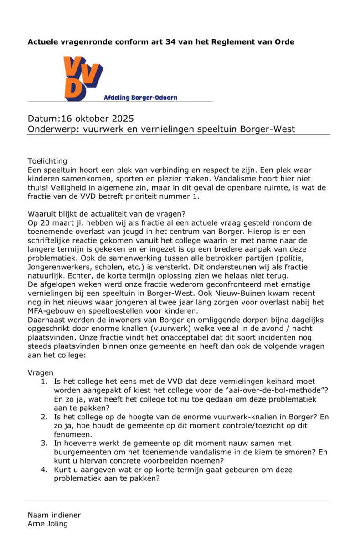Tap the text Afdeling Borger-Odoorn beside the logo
click(x=140, y=98)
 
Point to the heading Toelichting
click(x=47, y=160)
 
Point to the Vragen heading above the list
click(x=41, y=372)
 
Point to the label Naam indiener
click(x=54, y=515)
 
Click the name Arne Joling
click(x=48, y=524)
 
